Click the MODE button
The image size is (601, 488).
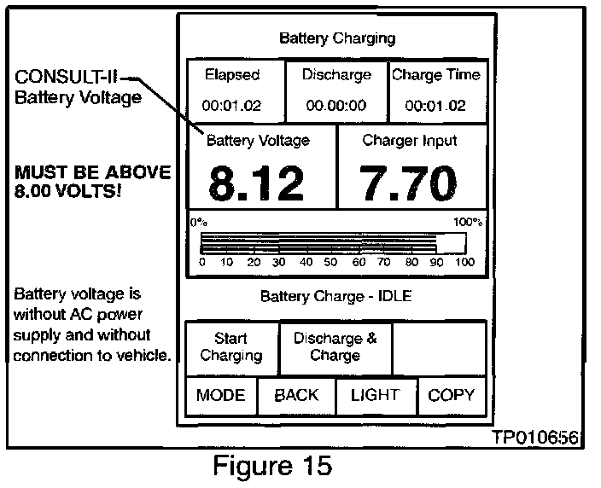click(220, 395)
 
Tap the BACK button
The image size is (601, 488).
click(296, 395)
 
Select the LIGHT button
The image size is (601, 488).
click(375, 395)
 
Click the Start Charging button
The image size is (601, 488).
click(231, 347)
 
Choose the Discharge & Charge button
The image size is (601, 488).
click(335, 346)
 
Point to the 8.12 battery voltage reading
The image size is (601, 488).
click(256, 183)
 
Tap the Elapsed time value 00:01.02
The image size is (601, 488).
click(231, 106)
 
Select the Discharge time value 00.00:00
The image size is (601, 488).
click(336, 106)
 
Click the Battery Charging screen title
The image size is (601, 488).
click(337, 38)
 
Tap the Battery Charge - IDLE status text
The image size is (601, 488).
click(336, 297)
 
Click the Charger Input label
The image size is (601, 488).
click(410, 141)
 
